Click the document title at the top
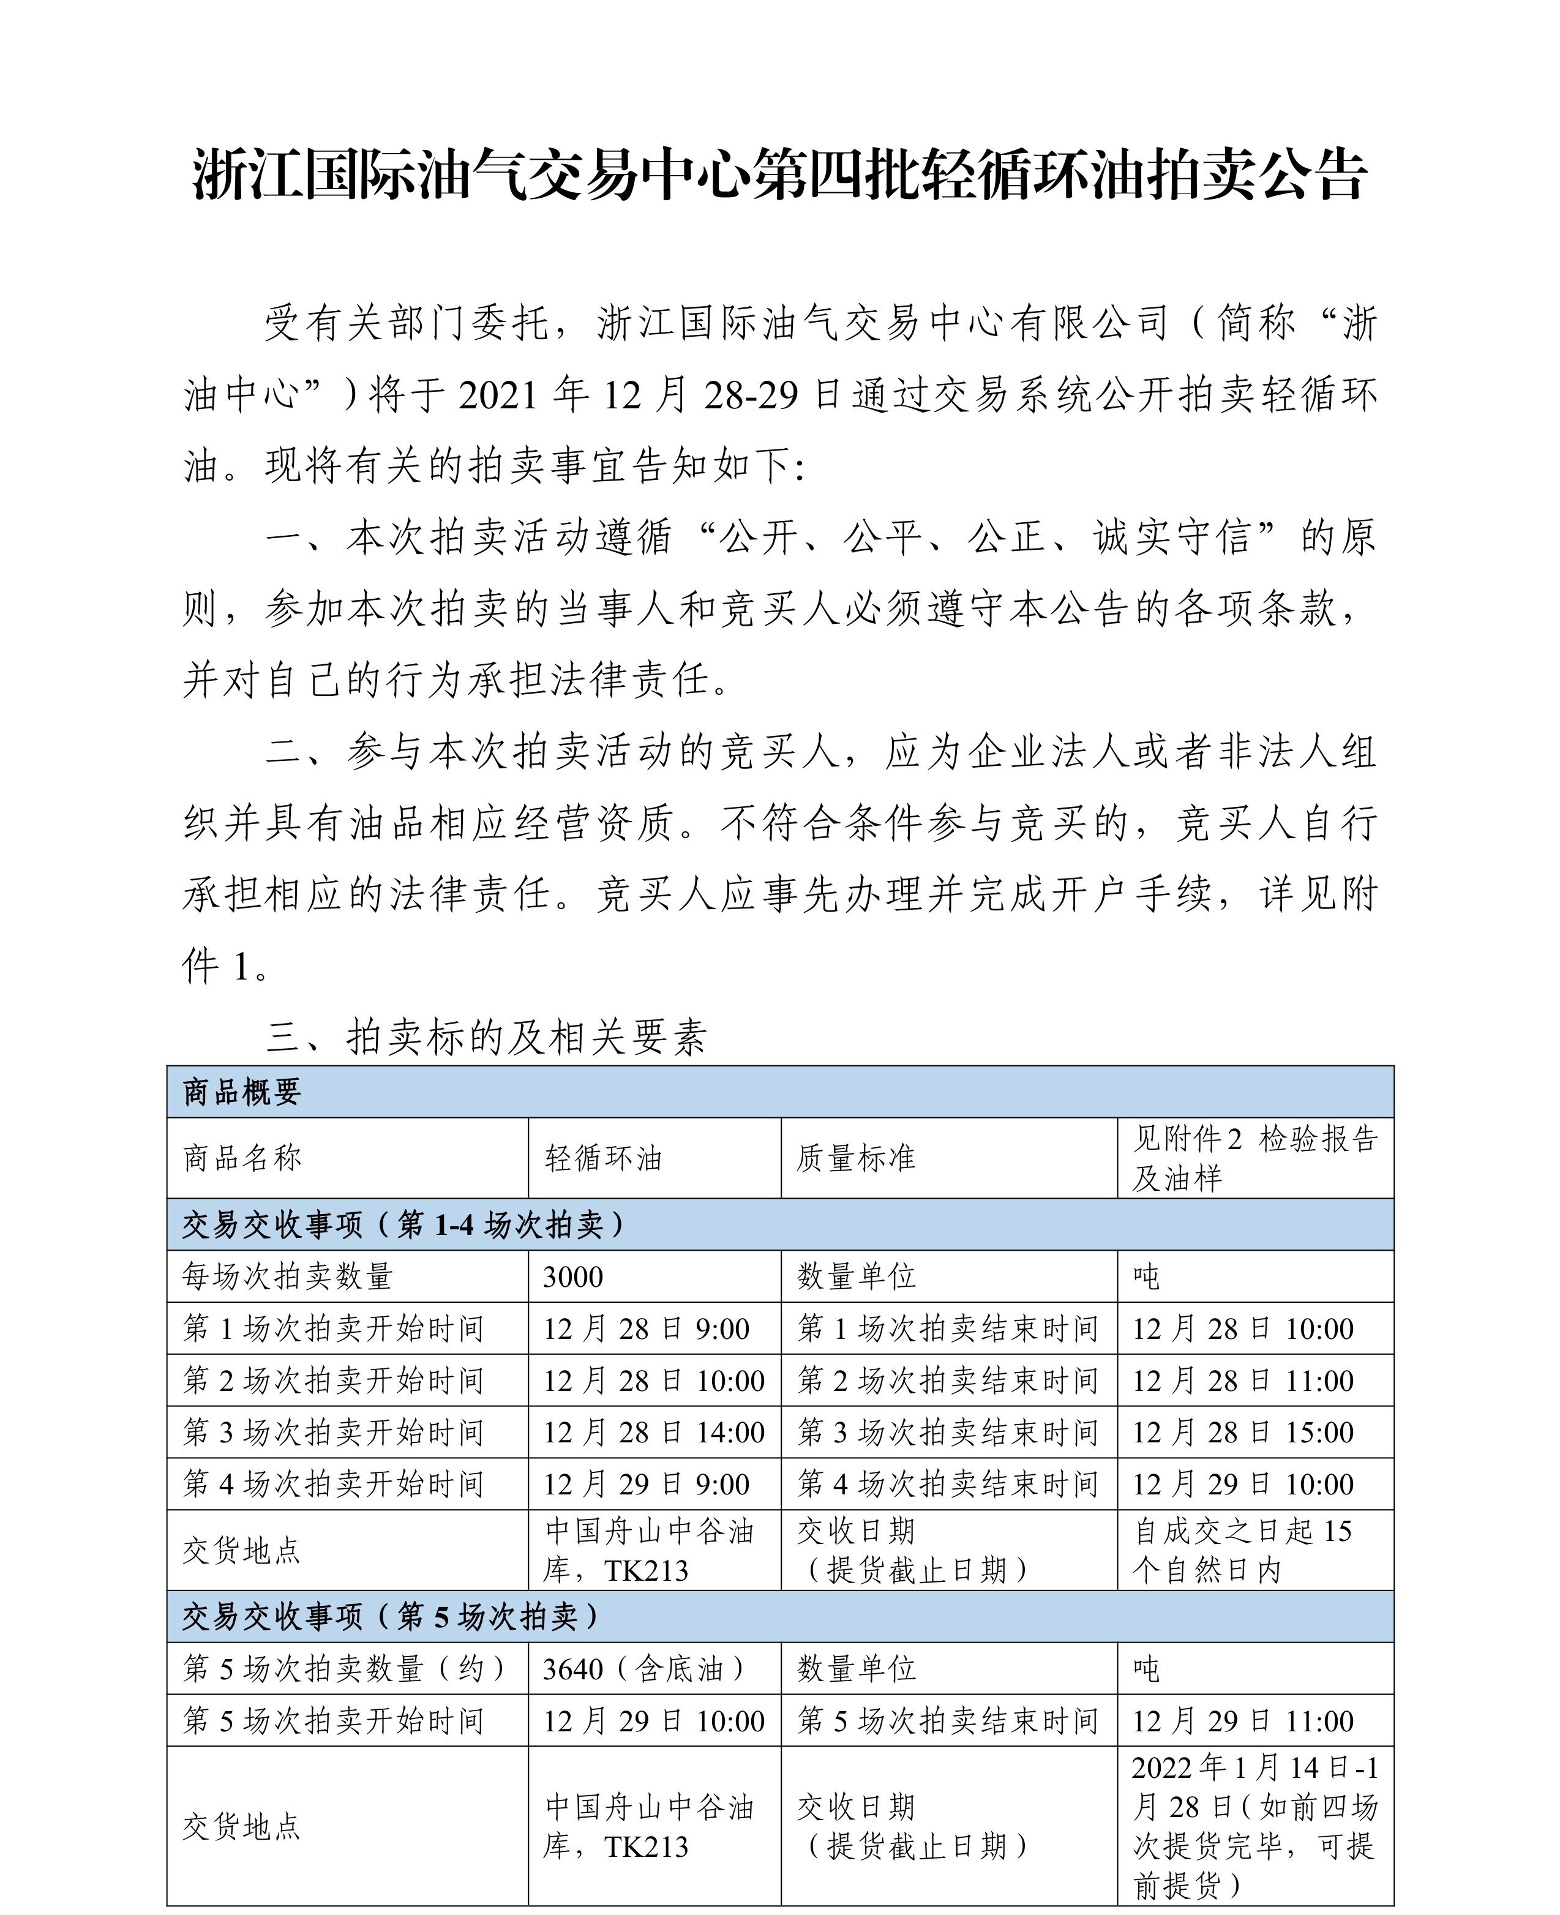(x=780, y=175)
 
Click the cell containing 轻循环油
(x=603, y=1158)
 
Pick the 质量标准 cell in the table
(x=855, y=1158)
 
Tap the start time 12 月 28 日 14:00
(x=653, y=1433)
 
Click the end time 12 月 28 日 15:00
(x=1243, y=1433)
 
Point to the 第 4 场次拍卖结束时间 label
(x=948, y=1485)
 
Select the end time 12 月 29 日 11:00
(x=1243, y=1722)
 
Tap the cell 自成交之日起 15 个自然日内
(x=1243, y=1550)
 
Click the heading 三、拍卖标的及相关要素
(x=486, y=1038)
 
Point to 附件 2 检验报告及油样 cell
(x=1254, y=1158)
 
